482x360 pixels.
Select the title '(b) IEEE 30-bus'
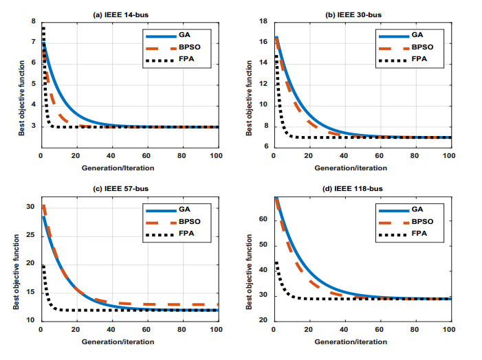click(x=364, y=14)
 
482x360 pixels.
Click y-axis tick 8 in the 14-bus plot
click(x=33, y=22)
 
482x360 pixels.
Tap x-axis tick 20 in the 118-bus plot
click(x=309, y=330)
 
